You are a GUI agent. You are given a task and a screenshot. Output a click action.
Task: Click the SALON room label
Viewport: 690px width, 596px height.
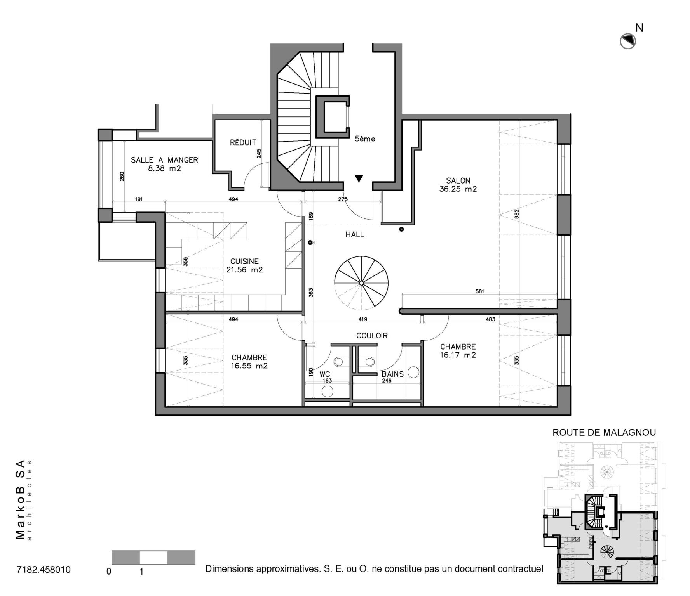pyautogui.click(x=458, y=181)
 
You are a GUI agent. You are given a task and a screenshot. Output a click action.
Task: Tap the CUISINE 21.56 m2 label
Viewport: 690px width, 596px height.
pyautogui.click(x=244, y=266)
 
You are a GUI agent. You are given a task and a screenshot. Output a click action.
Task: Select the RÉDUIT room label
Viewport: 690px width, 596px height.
pyautogui.click(x=243, y=143)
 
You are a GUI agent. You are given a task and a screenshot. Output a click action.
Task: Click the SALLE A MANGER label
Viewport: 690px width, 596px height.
pyautogui.click(x=164, y=160)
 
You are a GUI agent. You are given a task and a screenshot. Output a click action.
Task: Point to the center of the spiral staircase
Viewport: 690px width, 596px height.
pyautogui.click(x=361, y=283)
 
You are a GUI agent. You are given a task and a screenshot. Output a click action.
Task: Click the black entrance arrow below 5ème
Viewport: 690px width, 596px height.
pyautogui.click(x=359, y=178)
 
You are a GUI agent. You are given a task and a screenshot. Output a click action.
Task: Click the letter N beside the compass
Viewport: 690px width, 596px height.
pyautogui.click(x=639, y=28)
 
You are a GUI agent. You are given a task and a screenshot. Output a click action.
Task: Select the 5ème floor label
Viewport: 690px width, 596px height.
pyautogui.click(x=365, y=139)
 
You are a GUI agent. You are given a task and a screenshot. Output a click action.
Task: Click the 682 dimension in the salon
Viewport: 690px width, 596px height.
pyautogui.click(x=517, y=215)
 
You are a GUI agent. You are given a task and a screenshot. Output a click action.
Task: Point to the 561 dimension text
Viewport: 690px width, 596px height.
pyautogui.click(x=480, y=291)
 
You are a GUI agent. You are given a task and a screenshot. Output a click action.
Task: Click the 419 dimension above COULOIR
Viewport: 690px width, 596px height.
pyautogui.click(x=362, y=320)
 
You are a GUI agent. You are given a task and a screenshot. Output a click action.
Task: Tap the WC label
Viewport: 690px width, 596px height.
pyautogui.click(x=325, y=374)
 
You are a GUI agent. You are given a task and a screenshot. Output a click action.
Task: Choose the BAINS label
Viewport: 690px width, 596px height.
pyautogui.click(x=392, y=374)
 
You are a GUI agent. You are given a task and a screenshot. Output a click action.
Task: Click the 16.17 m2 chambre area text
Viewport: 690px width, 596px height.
pyautogui.click(x=458, y=355)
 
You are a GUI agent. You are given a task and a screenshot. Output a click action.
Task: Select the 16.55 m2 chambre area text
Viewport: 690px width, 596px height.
pyautogui.click(x=249, y=366)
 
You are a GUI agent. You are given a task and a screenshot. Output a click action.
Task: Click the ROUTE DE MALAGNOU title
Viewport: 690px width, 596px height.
pyautogui.click(x=604, y=433)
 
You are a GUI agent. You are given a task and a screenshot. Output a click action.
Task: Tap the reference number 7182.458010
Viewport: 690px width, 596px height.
pyautogui.click(x=44, y=570)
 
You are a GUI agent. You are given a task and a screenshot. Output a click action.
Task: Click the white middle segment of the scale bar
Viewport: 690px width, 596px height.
pyautogui.click(x=153, y=558)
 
